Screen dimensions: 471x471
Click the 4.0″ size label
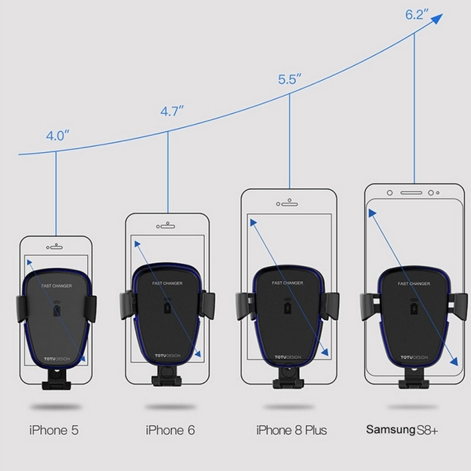tap(57, 136)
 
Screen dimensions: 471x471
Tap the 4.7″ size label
tap(172, 111)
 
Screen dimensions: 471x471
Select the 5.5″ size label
tap(290, 79)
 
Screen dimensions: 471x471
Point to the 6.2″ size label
tap(417, 15)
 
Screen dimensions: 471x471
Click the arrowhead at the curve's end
tap(437, 18)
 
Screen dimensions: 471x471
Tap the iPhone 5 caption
tap(54, 430)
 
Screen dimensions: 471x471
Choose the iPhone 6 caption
tap(170, 430)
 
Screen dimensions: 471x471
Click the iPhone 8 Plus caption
tap(291, 430)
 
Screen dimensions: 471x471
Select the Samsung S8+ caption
tap(402, 430)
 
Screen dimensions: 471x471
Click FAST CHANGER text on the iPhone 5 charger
tap(57, 286)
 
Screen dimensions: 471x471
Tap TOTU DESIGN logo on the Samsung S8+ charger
tap(414, 357)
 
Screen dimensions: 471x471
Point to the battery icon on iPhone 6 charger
tap(168, 307)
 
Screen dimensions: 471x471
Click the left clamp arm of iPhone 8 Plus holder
tap(243, 306)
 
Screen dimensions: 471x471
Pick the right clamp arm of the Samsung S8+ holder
tap(458, 306)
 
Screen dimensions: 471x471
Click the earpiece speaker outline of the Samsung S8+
tap(411, 192)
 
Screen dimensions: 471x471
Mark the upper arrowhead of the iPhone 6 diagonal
tap(137, 243)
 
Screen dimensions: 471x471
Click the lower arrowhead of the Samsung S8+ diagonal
tap(455, 361)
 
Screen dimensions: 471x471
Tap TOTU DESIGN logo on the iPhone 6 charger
tap(168, 356)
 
